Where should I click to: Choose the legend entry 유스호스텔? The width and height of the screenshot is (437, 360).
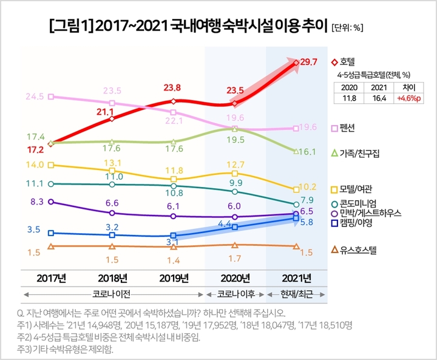358,249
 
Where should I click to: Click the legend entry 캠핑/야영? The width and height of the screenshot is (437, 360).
356,223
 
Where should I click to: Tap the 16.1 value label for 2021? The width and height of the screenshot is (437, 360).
310,151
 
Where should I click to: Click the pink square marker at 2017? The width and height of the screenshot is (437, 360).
51,97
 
